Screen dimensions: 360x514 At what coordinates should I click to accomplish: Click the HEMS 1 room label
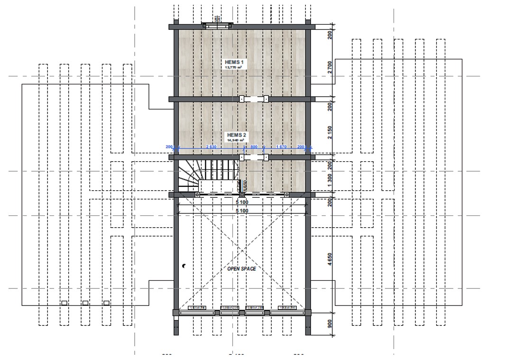tap(235, 62)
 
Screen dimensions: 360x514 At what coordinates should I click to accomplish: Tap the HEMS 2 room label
tap(237, 135)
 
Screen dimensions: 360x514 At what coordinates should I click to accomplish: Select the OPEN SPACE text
tap(241, 269)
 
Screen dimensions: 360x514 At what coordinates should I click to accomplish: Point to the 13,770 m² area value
tap(234, 68)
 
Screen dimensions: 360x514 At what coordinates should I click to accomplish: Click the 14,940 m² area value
tap(237, 140)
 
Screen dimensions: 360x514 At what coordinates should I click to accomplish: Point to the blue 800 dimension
tap(254, 147)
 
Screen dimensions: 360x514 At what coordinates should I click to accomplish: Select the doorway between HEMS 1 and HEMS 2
tap(254, 99)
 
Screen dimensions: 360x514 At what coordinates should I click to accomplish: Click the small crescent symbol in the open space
tap(184, 267)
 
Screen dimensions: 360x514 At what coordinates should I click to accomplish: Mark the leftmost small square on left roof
tap(64, 303)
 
